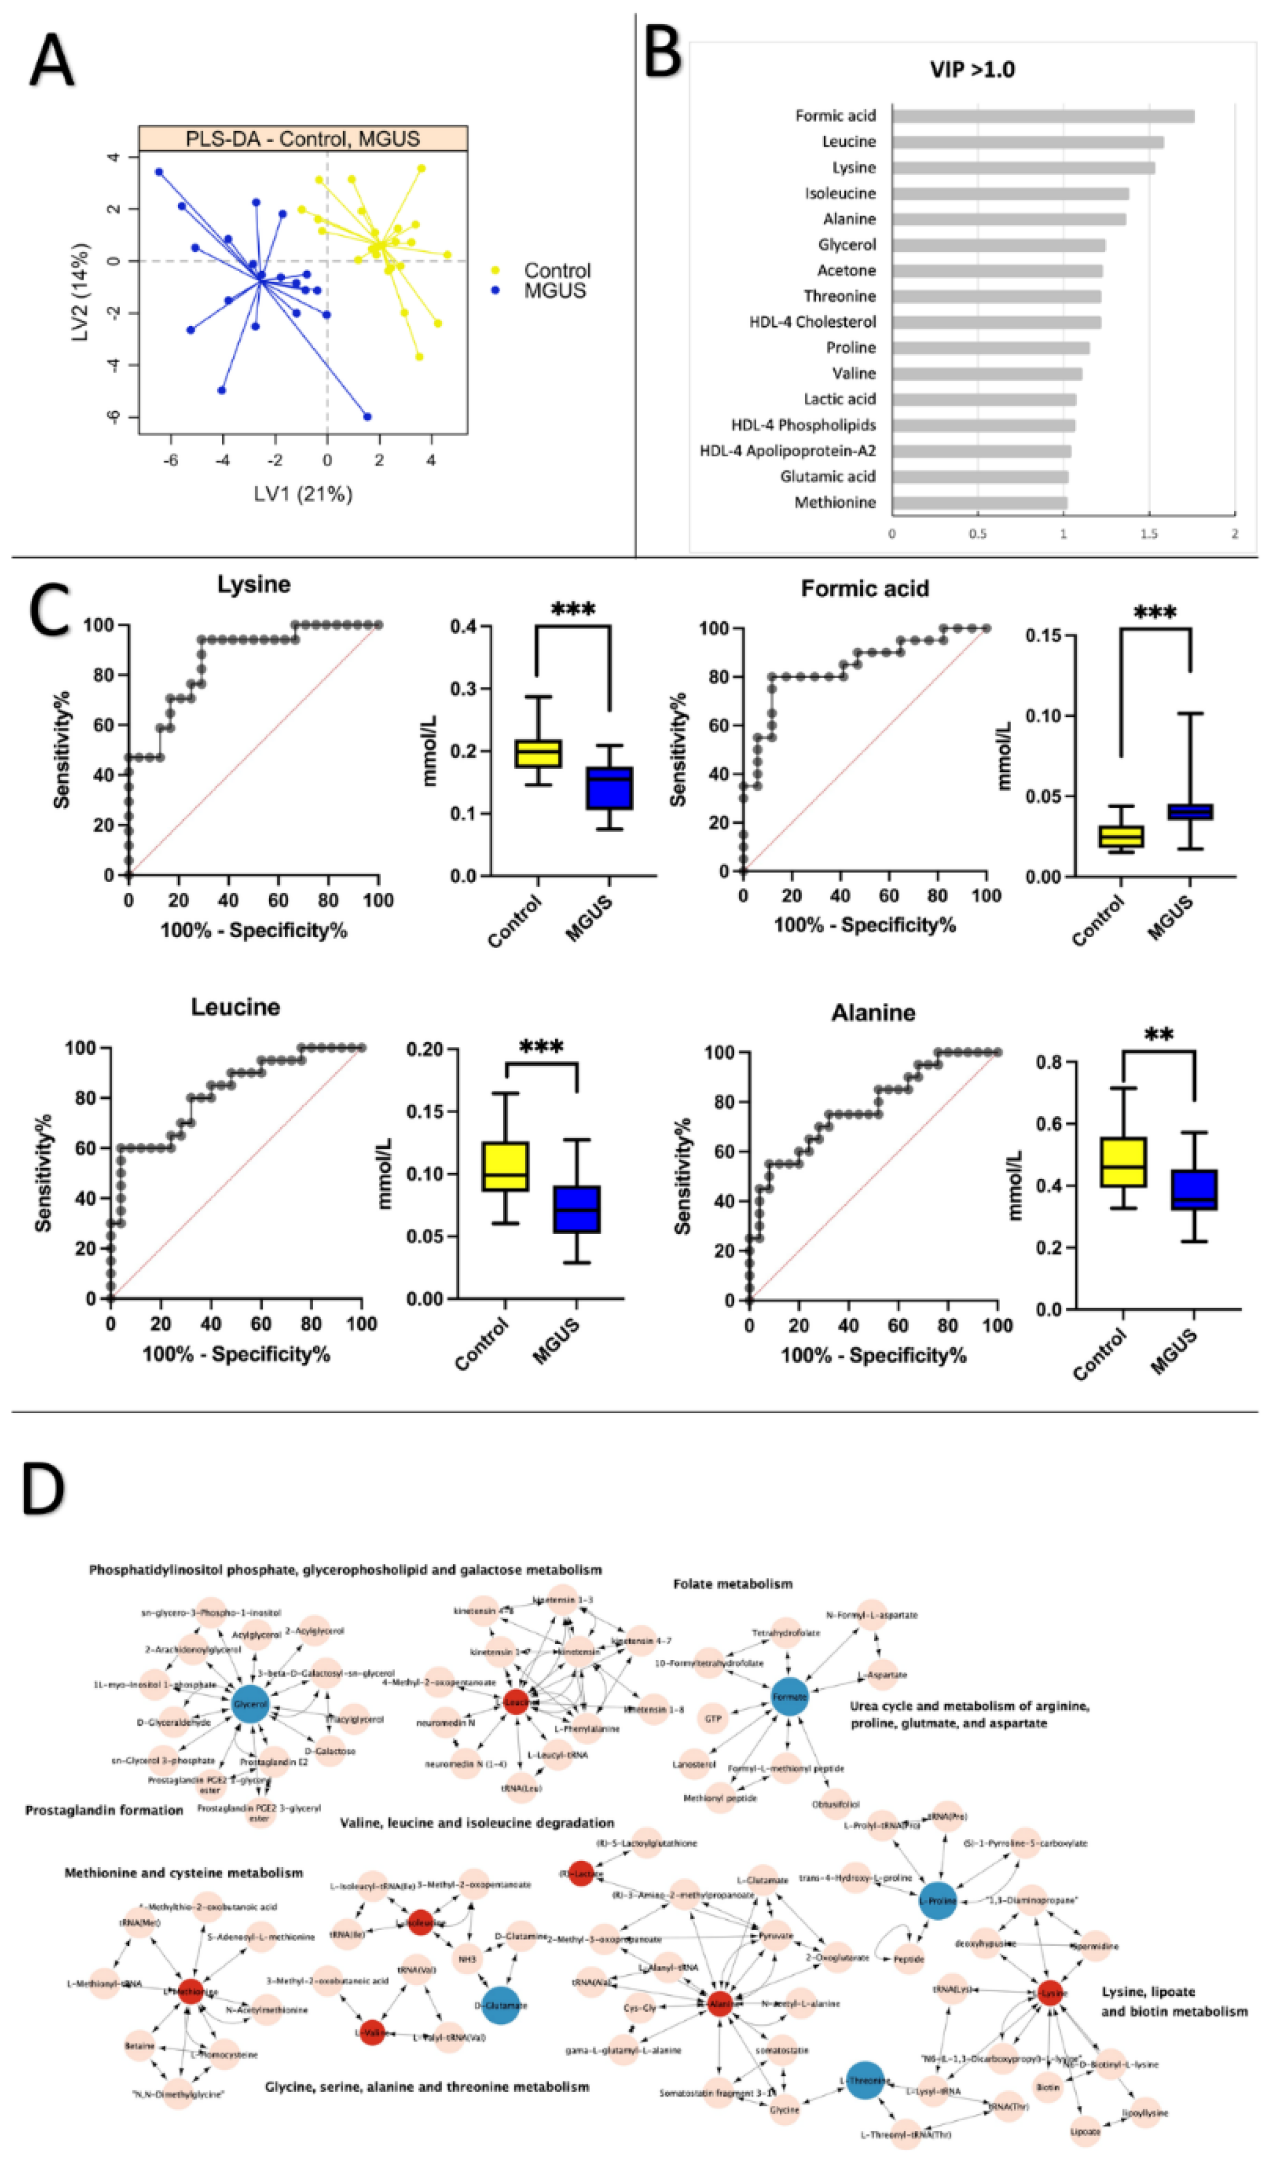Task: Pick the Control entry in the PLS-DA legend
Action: [557, 271]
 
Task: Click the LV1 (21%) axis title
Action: [302, 495]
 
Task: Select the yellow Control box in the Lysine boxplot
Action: [537, 753]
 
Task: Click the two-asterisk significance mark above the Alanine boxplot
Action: [1158, 1036]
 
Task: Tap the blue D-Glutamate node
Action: [501, 2006]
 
